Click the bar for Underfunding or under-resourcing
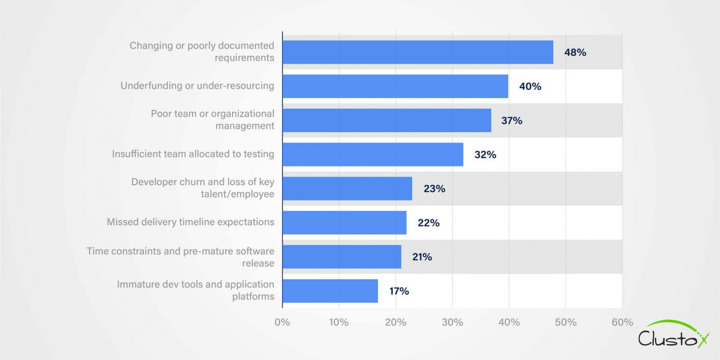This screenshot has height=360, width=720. coord(395,86)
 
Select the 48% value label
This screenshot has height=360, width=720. coord(575,52)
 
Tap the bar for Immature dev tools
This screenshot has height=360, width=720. coord(330,291)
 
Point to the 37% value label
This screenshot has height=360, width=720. coord(511,121)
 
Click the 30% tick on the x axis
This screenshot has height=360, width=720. coord(452,322)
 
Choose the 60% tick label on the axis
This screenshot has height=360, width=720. coord(622,322)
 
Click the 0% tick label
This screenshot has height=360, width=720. coord(282,322)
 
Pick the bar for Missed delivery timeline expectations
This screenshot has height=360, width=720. coord(345,223)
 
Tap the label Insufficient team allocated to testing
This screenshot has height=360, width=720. coord(193,154)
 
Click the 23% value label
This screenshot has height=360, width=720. coord(434,189)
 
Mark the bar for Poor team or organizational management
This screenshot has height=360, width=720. coord(387,120)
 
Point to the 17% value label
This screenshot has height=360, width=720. coord(399,291)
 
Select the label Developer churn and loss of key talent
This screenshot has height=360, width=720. coord(202,188)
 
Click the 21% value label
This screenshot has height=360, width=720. coord(421,257)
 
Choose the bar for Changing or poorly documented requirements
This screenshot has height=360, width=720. coord(418,52)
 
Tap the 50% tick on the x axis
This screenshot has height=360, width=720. coord(565,322)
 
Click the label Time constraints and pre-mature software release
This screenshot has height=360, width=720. coord(180,257)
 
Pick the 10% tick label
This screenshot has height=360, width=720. coord(338,322)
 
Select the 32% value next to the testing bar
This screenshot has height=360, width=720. coord(485,155)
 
